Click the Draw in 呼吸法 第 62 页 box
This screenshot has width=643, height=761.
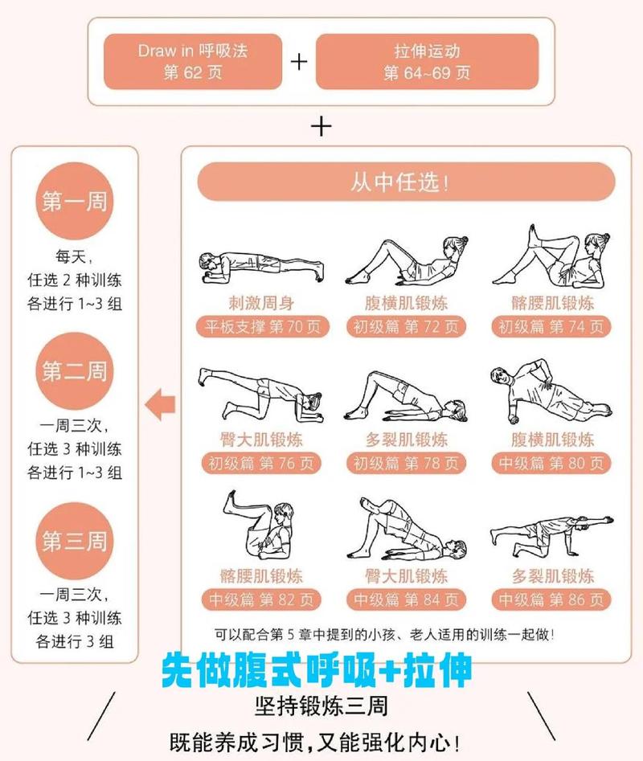click(x=193, y=61)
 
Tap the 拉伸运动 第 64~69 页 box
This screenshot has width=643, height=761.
click(x=427, y=61)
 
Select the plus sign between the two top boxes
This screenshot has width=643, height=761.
click(x=299, y=62)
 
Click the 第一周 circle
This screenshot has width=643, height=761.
click(x=74, y=201)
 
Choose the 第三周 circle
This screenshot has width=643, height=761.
click(x=74, y=540)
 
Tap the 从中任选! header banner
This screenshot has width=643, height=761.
click(x=406, y=182)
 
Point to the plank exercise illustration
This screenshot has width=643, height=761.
click(x=260, y=264)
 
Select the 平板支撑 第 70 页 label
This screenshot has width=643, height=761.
click(x=263, y=327)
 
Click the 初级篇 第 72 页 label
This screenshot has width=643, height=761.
click(x=406, y=327)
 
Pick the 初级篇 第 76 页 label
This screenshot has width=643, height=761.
click(x=263, y=464)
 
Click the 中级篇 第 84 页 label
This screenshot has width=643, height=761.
click(x=406, y=600)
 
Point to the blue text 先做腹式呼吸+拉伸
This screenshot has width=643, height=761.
click(x=317, y=669)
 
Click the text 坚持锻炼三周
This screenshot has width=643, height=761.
click(x=321, y=706)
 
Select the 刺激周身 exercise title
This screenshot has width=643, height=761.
click(x=261, y=303)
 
